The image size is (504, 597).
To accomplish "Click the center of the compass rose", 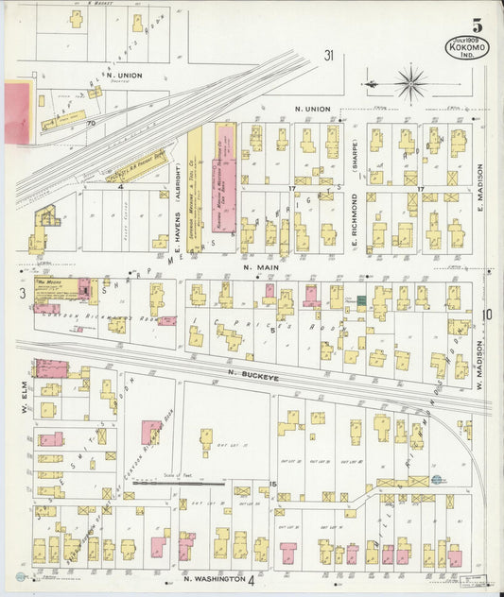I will pyautogui.click(x=410, y=83).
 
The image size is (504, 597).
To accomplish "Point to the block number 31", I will pyautogui.click(x=328, y=55).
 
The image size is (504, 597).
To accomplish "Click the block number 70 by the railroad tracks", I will pyautogui.click(x=92, y=122).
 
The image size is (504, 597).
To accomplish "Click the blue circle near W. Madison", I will pyautogui.click(x=437, y=480).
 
